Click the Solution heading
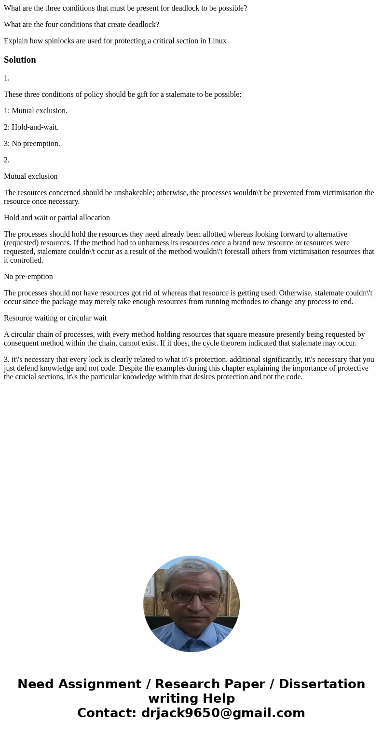(20, 60)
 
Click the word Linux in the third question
(217, 41)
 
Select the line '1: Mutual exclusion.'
(36, 111)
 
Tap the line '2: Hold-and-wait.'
(31, 127)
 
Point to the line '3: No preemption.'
(32, 144)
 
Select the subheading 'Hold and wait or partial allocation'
(57, 218)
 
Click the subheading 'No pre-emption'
(28, 277)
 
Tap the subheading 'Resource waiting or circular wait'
(55, 318)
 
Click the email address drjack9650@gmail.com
(223, 713)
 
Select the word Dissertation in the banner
(322, 684)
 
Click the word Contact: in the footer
(107, 713)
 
